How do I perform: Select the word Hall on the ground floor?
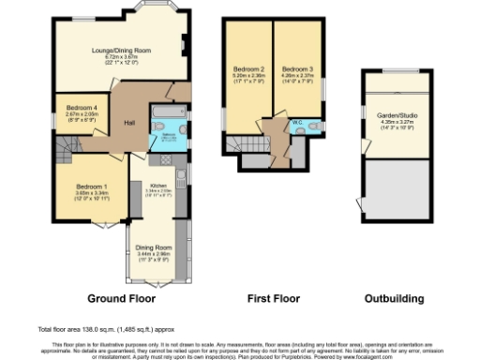click(128, 124)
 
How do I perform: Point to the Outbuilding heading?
click(394, 299)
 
